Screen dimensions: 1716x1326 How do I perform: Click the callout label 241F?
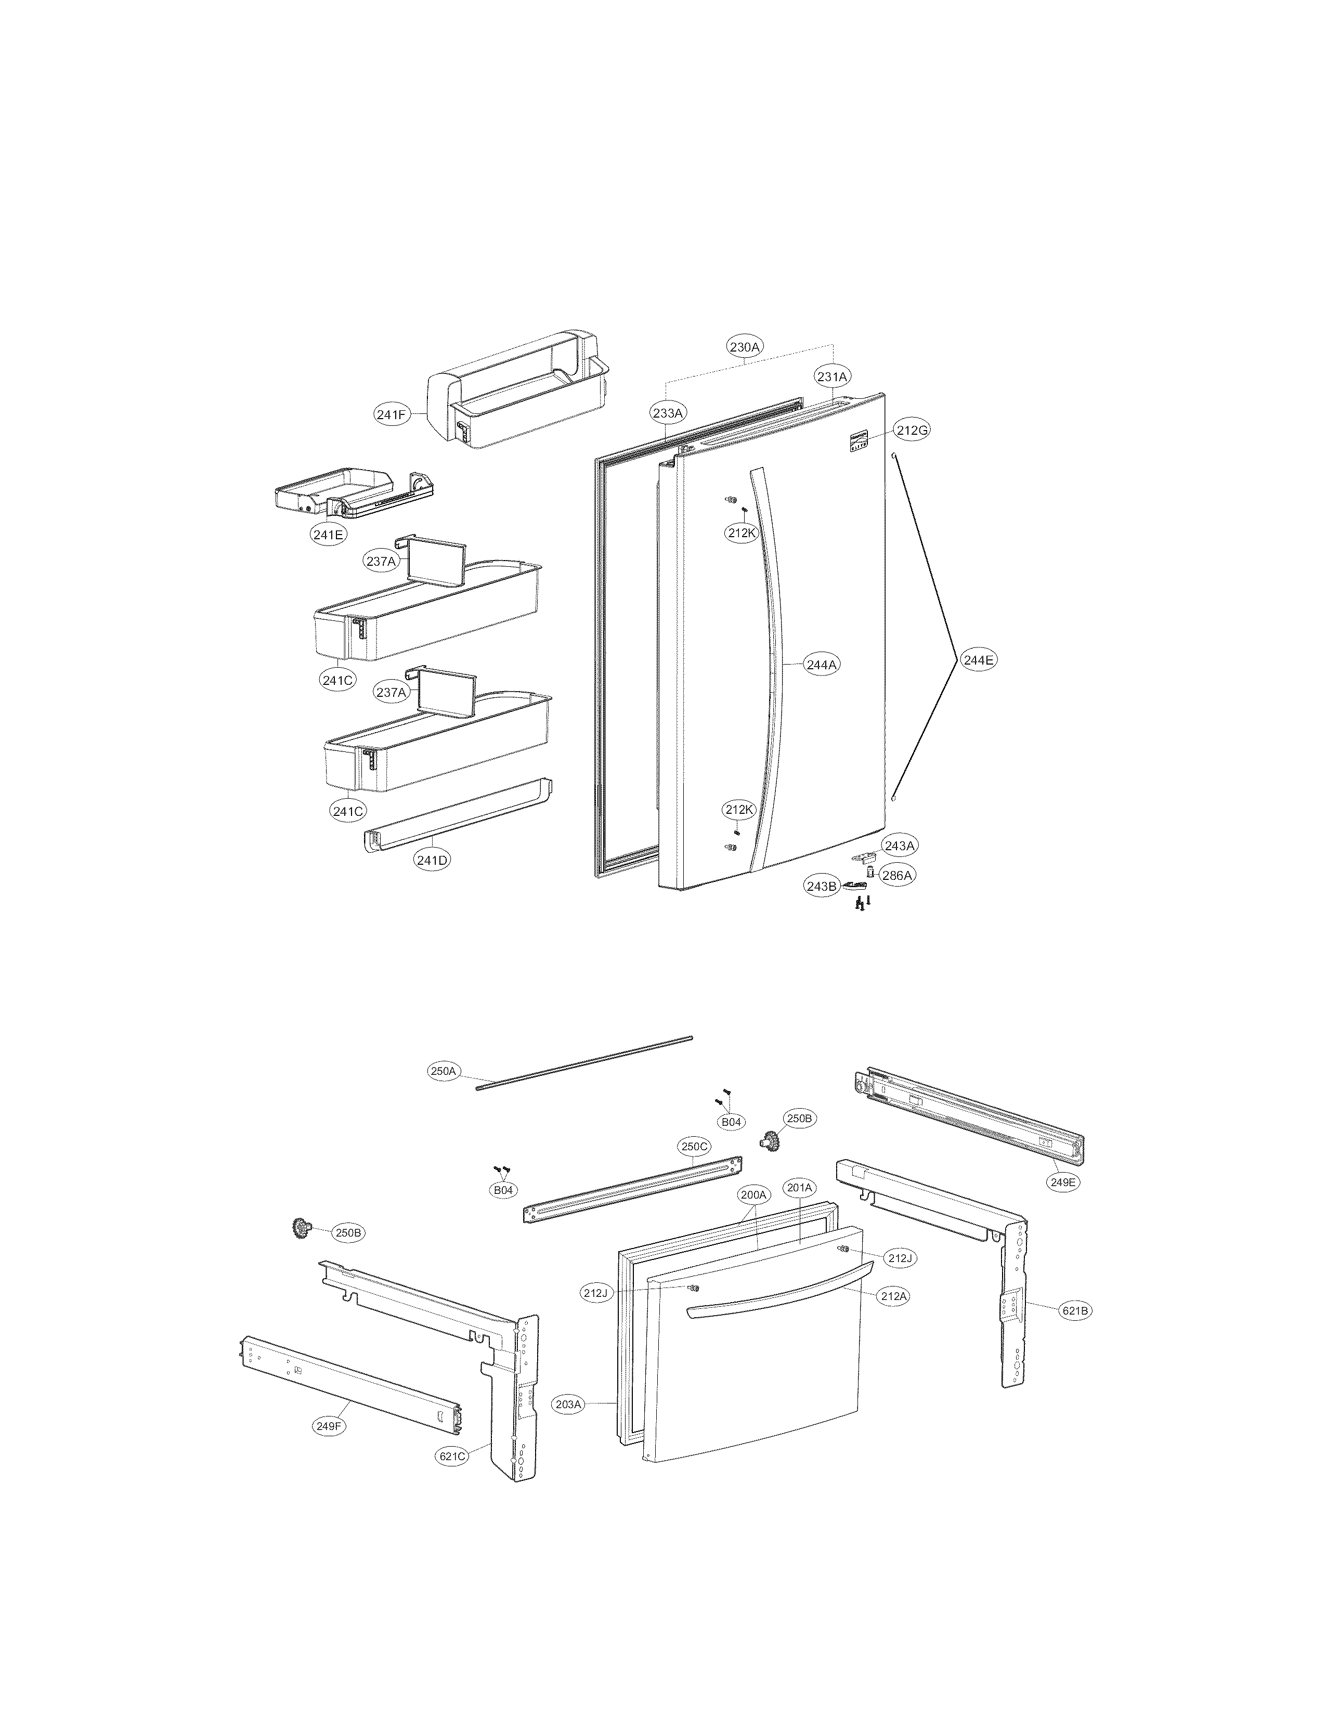click(391, 415)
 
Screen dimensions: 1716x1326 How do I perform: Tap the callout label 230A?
click(745, 346)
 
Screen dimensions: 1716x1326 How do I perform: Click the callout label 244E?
click(979, 660)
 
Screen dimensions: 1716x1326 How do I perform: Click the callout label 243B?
click(821, 886)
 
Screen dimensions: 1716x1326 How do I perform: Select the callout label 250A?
click(443, 1071)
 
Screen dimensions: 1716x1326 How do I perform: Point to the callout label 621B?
click(1075, 1310)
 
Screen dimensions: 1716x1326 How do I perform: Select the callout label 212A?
click(893, 1296)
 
